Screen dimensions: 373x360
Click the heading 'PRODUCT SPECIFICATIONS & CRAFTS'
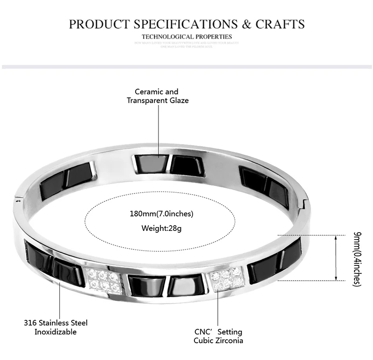click(x=186, y=24)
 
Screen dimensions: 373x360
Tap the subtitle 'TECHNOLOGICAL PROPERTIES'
click(x=186, y=36)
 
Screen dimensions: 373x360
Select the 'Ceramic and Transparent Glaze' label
click(x=158, y=96)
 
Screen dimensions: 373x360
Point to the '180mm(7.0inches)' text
click(x=161, y=214)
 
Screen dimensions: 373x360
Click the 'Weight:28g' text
click(x=161, y=228)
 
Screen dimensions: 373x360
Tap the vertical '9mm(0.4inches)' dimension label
click(x=358, y=258)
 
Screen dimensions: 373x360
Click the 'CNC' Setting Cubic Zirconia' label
click(x=218, y=336)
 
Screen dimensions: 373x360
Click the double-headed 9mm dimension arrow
click(x=336, y=258)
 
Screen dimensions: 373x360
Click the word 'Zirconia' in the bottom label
click(x=229, y=340)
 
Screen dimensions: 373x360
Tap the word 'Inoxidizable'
click(x=55, y=332)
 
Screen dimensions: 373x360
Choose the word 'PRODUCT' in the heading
click(x=96, y=24)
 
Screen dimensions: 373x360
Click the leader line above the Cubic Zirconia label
click(x=219, y=308)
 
